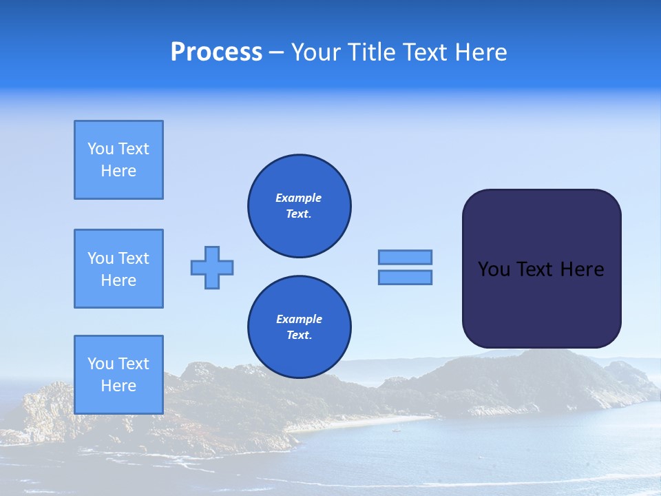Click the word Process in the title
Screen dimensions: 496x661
coord(216,52)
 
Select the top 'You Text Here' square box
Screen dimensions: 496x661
coord(118,160)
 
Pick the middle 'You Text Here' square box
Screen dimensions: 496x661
coord(118,269)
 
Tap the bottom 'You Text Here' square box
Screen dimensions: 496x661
coord(118,375)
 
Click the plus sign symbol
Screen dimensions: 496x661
coord(212,267)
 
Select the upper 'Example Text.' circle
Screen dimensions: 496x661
coord(300,206)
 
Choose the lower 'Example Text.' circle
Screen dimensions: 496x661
coord(300,327)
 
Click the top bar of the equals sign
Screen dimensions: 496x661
coord(405,257)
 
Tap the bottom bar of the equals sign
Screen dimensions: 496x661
coord(405,277)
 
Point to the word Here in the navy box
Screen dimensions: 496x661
coord(582,269)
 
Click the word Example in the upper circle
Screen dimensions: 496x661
coord(299,198)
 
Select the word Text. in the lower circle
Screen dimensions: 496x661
coord(299,335)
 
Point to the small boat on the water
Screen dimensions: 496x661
coord(395,430)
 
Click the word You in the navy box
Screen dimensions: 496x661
coord(493,269)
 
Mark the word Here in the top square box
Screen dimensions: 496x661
coord(118,171)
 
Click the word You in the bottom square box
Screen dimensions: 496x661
coord(101,364)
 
